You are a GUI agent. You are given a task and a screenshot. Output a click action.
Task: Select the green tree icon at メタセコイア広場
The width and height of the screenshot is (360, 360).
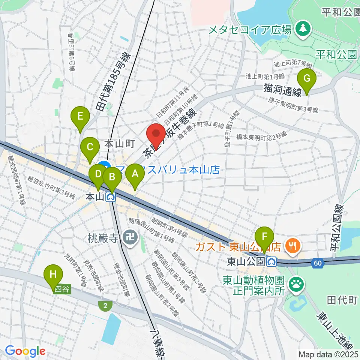pos(303,28)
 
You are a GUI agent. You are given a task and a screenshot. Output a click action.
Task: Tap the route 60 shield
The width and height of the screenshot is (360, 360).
pos(317,264)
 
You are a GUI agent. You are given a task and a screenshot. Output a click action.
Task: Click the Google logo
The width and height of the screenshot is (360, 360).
pos(25,351)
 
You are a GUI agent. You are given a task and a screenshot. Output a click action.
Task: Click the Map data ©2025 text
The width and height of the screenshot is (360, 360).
pos(328,354)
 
